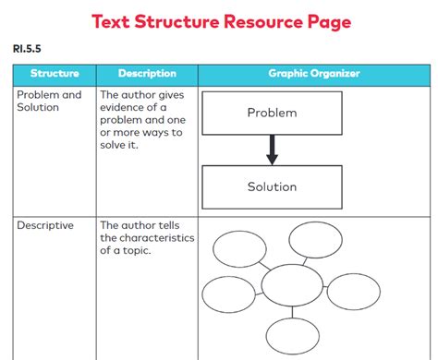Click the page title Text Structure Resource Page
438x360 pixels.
[x=219, y=19]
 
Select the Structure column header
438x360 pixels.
[x=55, y=73]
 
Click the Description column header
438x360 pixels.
[x=147, y=73]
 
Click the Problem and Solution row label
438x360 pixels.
[x=49, y=101]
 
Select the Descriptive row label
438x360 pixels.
[x=45, y=224]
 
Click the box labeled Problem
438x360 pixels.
[x=272, y=114]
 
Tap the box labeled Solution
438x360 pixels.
[x=272, y=186]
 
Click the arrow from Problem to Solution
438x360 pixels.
[x=272, y=150]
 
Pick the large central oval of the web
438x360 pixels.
[x=293, y=287]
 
